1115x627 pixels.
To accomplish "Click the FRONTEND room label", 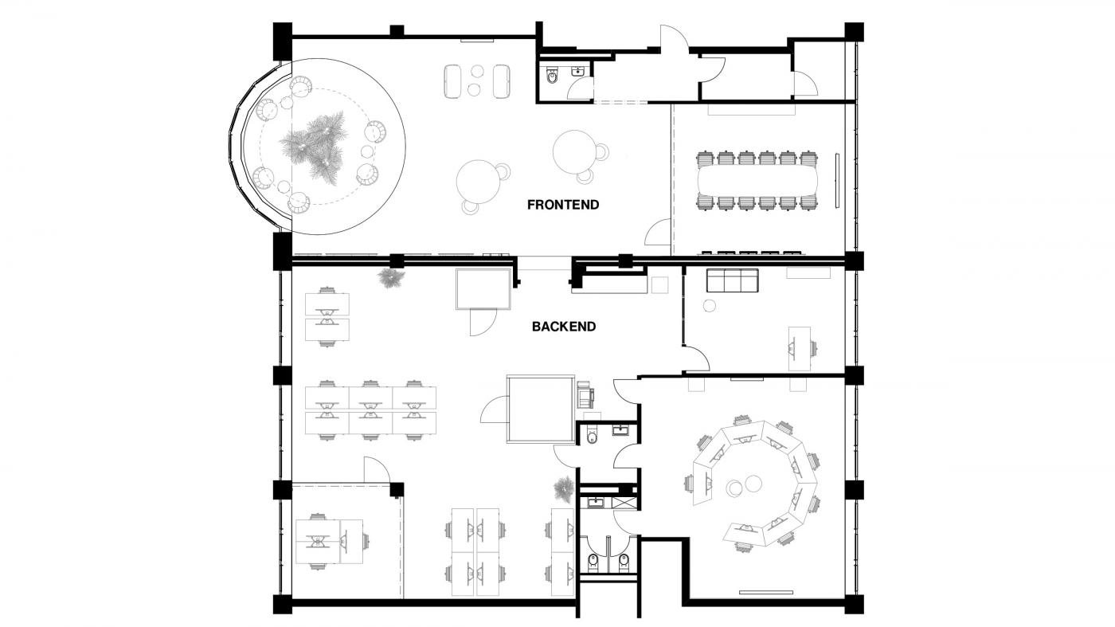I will click(563, 205).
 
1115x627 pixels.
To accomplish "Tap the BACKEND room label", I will click(564, 327).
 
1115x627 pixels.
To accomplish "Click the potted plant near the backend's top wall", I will click(391, 278).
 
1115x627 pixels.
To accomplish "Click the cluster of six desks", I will click(371, 410).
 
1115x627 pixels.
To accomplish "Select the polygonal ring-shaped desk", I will click(753, 483).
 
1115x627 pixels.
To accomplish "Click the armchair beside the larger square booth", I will click(585, 392).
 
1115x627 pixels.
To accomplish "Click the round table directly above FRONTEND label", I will click(574, 151).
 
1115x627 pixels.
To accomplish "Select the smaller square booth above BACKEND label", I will click(483, 289).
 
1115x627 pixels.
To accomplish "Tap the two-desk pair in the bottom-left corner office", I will click(329, 542).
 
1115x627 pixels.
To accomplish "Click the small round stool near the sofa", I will click(710, 305).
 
